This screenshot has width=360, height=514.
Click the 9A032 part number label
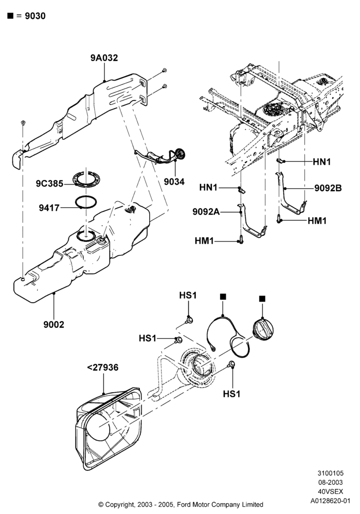click(x=104, y=58)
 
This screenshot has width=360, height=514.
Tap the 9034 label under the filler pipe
click(x=174, y=181)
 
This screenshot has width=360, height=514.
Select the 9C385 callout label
click(x=49, y=183)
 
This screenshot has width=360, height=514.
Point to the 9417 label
click(x=49, y=208)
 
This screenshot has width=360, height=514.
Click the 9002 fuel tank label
click(x=54, y=324)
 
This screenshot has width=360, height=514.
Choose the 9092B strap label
click(x=328, y=188)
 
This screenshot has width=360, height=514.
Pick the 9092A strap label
click(x=206, y=212)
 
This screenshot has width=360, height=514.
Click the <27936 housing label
click(x=103, y=368)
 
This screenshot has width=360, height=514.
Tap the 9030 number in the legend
click(x=35, y=16)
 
